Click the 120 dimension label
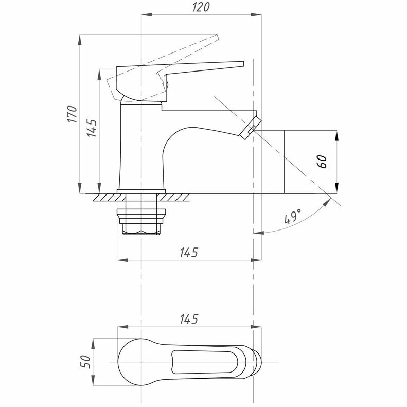tap(201, 7)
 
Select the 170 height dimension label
tap(72, 114)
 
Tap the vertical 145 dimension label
tap(92, 128)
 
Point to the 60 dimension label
tap(322, 162)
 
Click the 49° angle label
tap(293, 216)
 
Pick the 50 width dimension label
tap(85, 362)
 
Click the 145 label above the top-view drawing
tap(189, 319)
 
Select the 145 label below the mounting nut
tap(189, 252)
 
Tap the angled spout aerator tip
tap(251, 128)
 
